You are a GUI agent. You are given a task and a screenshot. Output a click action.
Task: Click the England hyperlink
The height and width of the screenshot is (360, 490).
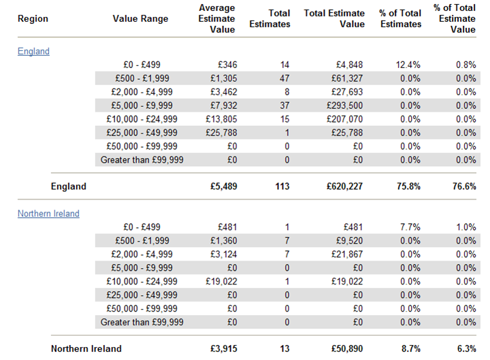33,51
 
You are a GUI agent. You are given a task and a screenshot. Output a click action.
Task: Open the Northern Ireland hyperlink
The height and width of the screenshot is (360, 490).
48,214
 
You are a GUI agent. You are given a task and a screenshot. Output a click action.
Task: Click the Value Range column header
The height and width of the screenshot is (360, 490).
140,18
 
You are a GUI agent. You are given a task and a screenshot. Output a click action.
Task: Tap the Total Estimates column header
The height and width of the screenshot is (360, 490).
269,18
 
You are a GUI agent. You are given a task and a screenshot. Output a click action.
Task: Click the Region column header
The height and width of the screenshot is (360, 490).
33,18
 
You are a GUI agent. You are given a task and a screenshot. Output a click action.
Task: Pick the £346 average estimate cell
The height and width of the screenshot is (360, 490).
226,65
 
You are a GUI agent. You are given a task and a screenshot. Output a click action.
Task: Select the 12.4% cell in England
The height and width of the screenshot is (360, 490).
408,65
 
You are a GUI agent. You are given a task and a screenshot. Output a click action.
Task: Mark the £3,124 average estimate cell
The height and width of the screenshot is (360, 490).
223,254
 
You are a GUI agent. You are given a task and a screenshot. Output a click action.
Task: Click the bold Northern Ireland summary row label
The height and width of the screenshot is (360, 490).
86,349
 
